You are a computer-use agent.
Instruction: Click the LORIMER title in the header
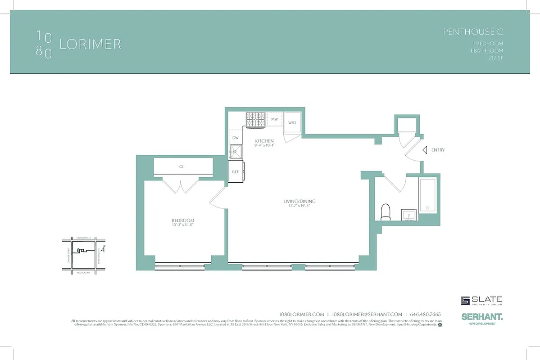pos(90,44)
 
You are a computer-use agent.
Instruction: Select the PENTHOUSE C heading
pos(473,31)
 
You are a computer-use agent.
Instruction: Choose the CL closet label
pos(182,166)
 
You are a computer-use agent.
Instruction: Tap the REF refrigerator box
pos(235,172)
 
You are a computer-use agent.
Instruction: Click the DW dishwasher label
pos(235,138)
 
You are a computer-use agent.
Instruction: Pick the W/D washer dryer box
pos(292,122)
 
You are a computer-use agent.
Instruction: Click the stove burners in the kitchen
pos(255,119)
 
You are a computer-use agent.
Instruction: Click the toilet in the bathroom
pos(386,212)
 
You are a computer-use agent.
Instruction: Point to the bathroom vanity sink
pos(409,215)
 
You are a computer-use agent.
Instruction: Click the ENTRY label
pos(438,150)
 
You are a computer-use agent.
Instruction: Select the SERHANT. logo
pos(482,317)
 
